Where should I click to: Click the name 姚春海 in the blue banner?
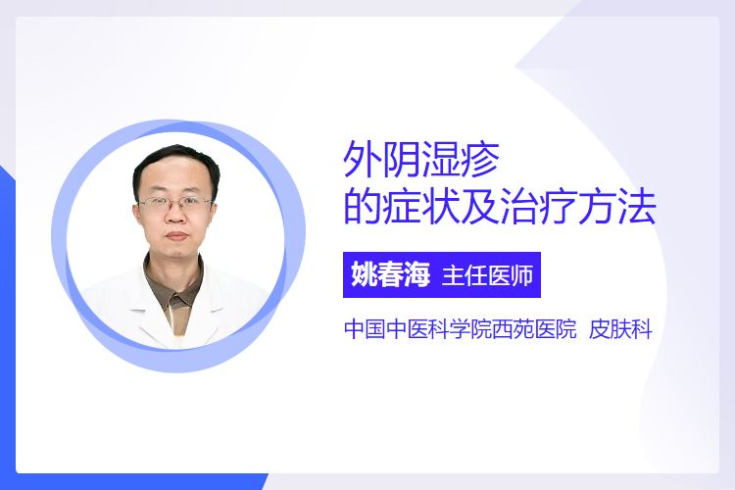tap(390, 274)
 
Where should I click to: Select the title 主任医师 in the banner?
tap(487, 275)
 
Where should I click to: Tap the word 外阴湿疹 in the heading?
tap(421, 160)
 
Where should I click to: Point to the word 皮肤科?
tap(620, 329)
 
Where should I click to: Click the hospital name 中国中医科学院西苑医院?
tap(461, 329)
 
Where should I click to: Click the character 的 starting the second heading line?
tap(363, 207)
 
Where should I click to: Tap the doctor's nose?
tap(176, 215)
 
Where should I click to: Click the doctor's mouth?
tap(177, 236)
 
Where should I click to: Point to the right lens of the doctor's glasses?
tap(195, 204)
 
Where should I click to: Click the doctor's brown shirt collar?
tap(174, 286)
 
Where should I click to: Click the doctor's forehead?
tap(174, 180)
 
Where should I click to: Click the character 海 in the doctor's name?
tap(416, 274)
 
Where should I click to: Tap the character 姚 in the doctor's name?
tap(365, 274)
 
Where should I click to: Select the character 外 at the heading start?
tap(363, 160)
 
